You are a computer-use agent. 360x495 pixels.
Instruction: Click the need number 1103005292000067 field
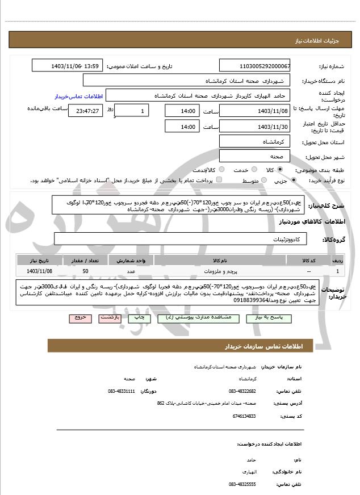click(x=254, y=66)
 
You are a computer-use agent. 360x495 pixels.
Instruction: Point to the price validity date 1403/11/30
click(x=254, y=127)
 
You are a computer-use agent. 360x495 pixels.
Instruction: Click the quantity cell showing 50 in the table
click(x=85, y=272)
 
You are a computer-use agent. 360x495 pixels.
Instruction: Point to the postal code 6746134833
click(x=244, y=416)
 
